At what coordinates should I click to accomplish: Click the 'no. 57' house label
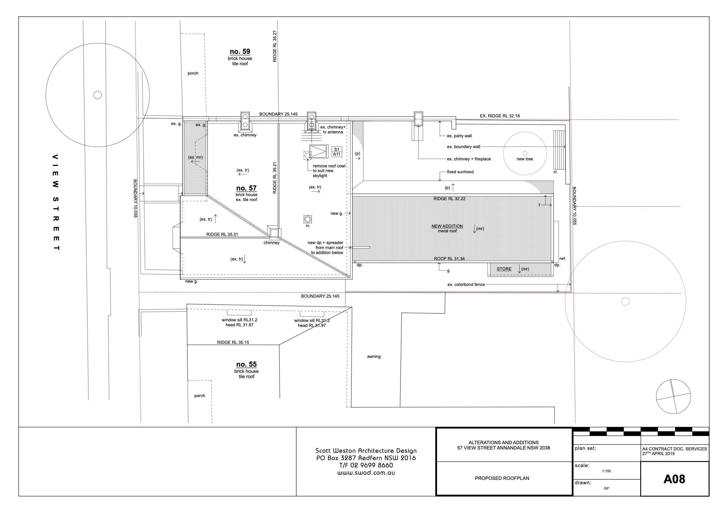(246, 188)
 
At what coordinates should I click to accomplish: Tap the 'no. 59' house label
(240, 52)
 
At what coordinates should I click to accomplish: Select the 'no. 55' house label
(246, 364)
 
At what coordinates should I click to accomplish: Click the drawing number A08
(674, 479)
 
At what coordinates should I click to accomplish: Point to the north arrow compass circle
(673, 396)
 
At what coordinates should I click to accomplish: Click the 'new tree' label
(525, 159)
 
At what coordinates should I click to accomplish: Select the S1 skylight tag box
(336, 150)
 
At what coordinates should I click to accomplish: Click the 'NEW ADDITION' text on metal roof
(447, 226)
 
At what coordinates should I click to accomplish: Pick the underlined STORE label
(504, 269)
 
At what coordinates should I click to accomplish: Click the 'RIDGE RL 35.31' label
(222, 234)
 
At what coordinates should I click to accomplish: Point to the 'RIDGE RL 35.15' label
(233, 342)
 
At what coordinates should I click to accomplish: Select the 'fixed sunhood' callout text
(460, 172)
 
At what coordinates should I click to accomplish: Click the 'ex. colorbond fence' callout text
(466, 284)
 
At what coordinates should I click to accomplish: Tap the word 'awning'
(374, 356)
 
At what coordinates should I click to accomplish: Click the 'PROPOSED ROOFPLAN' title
(502, 478)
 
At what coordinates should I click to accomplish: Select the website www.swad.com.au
(366, 473)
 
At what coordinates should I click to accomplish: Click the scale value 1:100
(606, 471)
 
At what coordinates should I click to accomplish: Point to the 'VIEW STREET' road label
(56, 202)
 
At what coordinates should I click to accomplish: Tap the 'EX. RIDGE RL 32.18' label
(500, 116)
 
